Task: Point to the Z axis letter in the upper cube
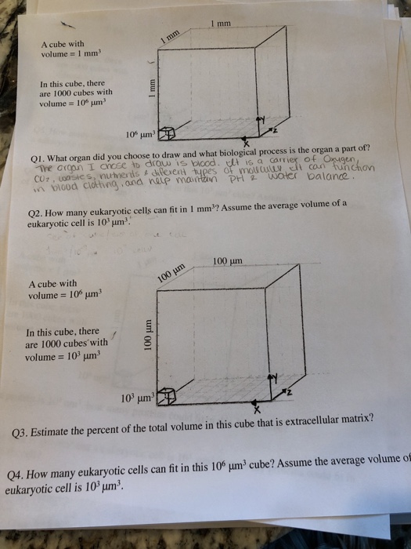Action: (x=272, y=129)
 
